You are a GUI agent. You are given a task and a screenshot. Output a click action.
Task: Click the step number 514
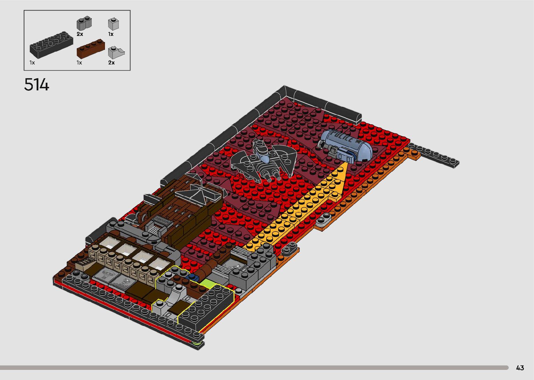(37, 84)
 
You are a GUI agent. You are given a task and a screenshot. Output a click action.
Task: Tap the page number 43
(520, 367)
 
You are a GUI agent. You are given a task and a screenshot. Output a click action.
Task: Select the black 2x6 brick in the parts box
(51, 45)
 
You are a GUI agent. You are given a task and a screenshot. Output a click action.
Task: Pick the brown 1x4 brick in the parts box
(91, 49)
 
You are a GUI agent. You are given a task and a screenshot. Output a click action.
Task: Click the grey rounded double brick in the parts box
(84, 23)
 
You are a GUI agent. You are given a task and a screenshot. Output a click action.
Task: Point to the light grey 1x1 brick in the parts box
(113, 24)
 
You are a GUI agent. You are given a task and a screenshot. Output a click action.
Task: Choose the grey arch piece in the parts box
(116, 52)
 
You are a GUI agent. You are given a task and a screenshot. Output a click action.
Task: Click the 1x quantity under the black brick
(32, 62)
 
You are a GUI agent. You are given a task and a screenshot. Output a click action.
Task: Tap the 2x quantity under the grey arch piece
(111, 62)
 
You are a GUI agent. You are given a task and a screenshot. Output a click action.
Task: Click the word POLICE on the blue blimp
(342, 136)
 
